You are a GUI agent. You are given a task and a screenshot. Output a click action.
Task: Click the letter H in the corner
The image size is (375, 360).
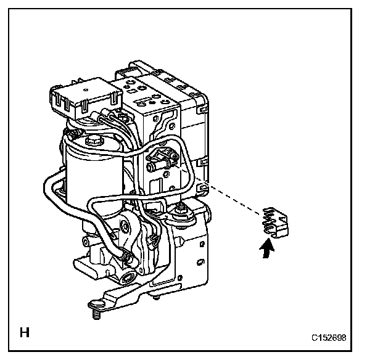[25, 333]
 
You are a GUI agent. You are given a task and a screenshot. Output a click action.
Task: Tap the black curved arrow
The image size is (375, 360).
[266, 249]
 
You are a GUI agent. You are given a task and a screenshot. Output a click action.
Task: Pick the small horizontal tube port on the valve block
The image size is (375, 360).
[162, 165]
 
